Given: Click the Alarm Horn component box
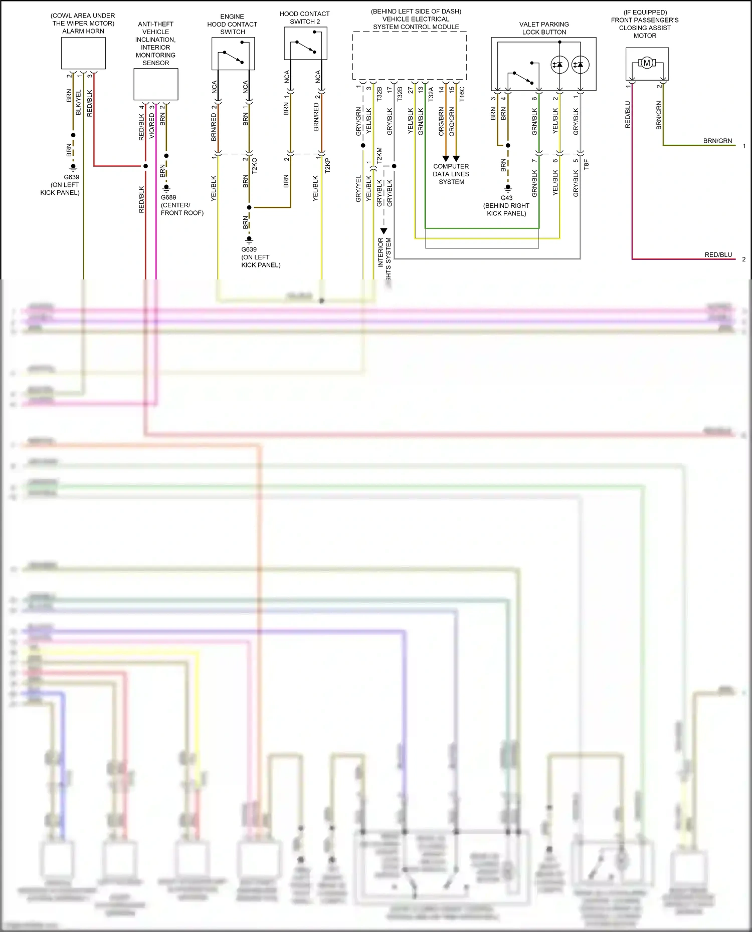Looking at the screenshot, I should pyautogui.click(x=83, y=53).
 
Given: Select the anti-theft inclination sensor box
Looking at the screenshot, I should pyautogui.click(x=155, y=84).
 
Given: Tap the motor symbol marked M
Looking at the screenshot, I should pyautogui.click(x=647, y=63).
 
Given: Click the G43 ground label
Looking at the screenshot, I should pyautogui.click(x=506, y=198).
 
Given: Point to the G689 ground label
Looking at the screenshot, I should pyautogui.click(x=168, y=197).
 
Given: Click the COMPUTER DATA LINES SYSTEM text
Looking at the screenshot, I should pyautogui.click(x=451, y=174).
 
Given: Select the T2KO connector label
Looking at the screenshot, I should pyautogui.click(x=254, y=165).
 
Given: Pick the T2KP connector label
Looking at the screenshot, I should pyautogui.click(x=327, y=165).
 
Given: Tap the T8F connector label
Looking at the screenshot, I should pyautogui.click(x=586, y=164).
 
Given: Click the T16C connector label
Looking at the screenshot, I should pyautogui.click(x=462, y=94).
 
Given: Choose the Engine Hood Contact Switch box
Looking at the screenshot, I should pyautogui.click(x=233, y=54).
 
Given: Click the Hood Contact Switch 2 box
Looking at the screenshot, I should pyautogui.click(x=305, y=44).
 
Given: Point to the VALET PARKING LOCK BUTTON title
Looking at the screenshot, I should pyautogui.click(x=544, y=28).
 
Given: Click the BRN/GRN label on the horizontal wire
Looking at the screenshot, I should pyautogui.click(x=717, y=141).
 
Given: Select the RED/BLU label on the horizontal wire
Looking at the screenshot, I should pyautogui.click(x=718, y=255).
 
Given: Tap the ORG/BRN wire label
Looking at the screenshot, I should pyautogui.click(x=441, y=121).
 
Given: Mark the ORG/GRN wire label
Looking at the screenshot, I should pyautogui.click(x=452, y=121).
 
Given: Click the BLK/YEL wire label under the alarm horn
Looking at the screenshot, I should pyautogui.click(x=78, y=103).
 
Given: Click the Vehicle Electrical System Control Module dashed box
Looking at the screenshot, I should pyautogui.click(x=410, y=56).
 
